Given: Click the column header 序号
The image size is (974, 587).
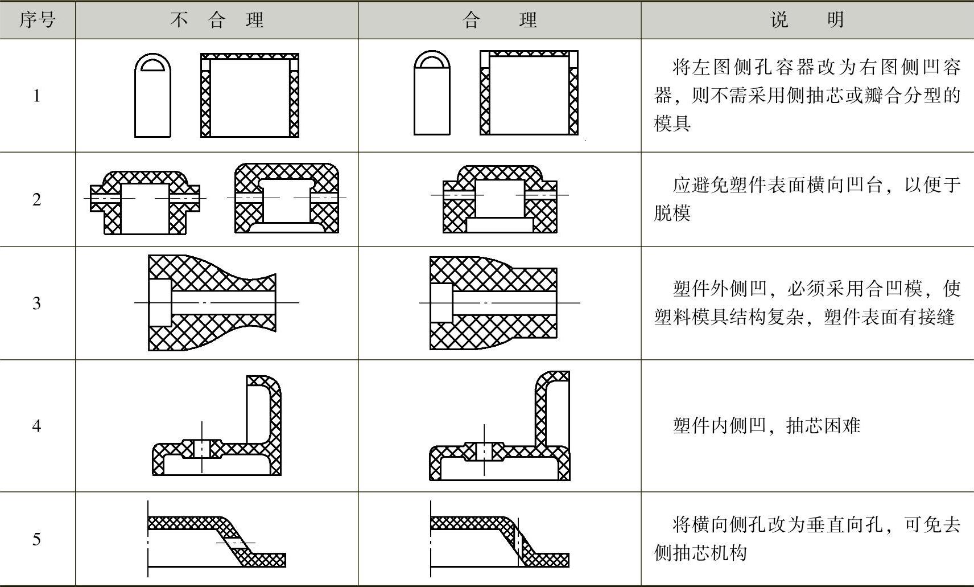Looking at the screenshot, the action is [x=37, y=20].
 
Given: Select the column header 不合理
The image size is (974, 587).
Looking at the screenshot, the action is [x=216, y=20].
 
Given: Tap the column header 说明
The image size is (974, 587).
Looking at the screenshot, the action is [x=807, y=20].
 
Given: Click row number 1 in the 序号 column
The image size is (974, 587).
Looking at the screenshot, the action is [x=37, y=96].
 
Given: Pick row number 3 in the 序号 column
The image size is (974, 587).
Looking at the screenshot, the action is [x=37, y=303].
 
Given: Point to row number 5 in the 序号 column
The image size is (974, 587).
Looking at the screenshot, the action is [x=37, y=539].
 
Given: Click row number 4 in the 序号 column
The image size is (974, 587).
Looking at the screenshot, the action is [x=37, y=425].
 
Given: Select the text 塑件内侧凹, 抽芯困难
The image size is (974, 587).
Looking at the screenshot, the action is [x=766, y=425].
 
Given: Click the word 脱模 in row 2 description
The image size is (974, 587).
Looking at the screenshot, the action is [x=672, y=213].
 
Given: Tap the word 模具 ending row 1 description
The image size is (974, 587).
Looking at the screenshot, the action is [x=672, y=123].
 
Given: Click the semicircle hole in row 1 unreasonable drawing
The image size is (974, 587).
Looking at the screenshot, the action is [x=152, y=64].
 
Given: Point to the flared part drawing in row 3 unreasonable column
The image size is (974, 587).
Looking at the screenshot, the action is [x=212, y=303].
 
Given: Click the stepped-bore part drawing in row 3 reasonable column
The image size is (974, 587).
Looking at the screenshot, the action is [x=493, y=303].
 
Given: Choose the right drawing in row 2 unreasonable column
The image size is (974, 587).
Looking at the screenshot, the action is [x=287, y=198].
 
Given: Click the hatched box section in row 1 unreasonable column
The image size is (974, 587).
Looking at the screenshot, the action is [x=250, y=96].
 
